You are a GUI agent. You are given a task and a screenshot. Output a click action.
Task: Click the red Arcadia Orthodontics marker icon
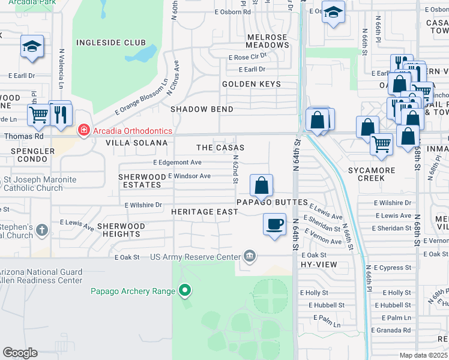point(84,131)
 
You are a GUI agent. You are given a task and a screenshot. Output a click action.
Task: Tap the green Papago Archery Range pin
point(185,291)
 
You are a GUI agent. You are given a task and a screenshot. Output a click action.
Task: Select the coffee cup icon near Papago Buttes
point(275,224)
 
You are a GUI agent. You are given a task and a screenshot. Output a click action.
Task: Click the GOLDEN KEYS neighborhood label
point(252,84)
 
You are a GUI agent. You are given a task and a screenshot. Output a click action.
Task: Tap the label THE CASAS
point(220,148)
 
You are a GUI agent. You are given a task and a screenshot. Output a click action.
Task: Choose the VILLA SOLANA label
point(136,143)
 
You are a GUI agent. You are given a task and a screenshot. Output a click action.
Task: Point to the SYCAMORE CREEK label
point(372,175)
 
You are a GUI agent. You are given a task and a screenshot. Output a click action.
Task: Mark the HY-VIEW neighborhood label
point(318,264)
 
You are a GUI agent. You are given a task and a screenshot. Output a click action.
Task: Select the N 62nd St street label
point(237,169)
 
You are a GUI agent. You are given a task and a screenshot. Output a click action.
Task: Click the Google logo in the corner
point(20,353)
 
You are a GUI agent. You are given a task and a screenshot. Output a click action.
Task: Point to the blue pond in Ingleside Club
point(142,55)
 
